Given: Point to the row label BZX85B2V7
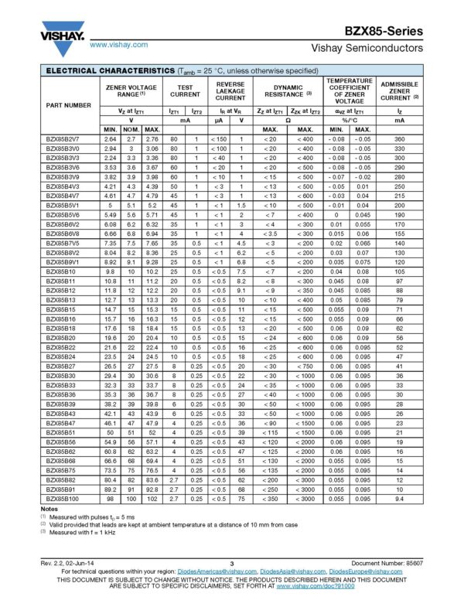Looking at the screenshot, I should coord(63,138).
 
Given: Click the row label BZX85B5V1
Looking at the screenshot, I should coord(63,206).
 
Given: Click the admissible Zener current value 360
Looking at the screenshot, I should coord(400,138).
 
